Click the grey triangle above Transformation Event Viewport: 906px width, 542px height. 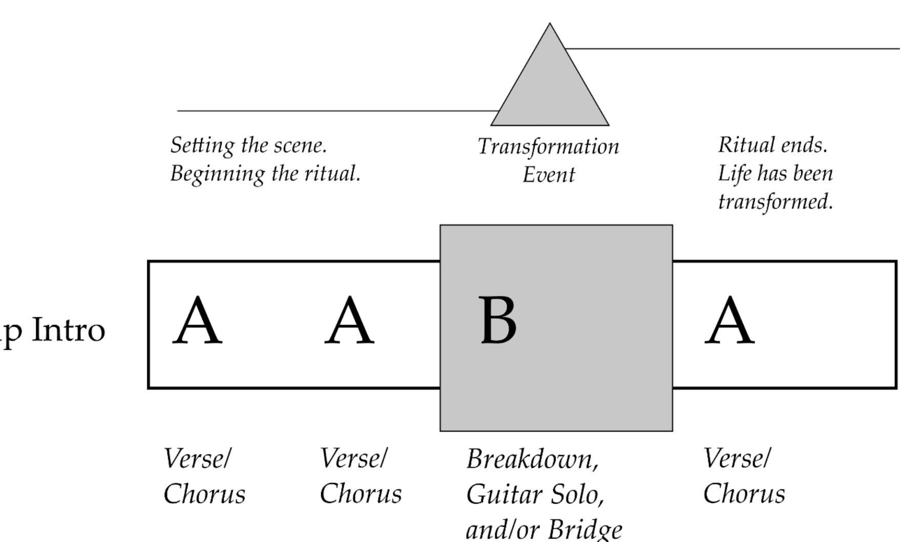pyautogui.click(x=550, y=87)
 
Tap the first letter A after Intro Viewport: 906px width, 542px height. pyautogui.click(x=197, y=321)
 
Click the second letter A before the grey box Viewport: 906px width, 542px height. pyautogui.click(x=349, y=321)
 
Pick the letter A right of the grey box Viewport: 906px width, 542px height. pyautogui.click(x=729, y=321)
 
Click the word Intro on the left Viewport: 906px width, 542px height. pyautogui.click(x=69, y=330)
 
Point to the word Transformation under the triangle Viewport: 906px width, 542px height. pyautogui.click(x=548, y=147)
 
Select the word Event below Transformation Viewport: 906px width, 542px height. pyautogui.click(x=549, y=175)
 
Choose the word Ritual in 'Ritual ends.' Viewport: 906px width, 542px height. pyautogui.click(x=741, y=145)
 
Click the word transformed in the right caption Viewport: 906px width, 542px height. pyautogui.click(x=775, y=202)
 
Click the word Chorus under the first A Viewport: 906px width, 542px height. pyautogui.click(x=204, y=494)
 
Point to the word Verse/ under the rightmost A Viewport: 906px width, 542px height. pyautogui.click(x=736, y=458)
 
